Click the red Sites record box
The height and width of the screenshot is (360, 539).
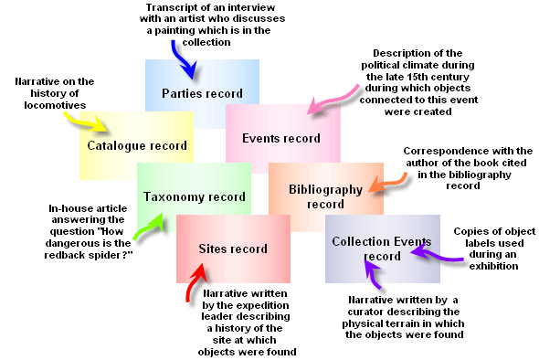click(233, 249)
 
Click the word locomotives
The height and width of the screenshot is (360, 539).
click(51, 106)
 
